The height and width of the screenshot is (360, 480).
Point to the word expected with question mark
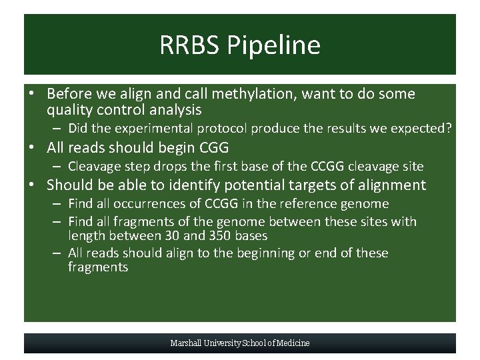coord(417,128)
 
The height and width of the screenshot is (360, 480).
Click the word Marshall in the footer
coord(186,343)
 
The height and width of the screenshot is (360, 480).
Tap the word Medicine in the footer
coord(293,343)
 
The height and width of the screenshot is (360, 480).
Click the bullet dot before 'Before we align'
coord(33,94)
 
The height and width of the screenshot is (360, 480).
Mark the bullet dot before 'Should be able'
coord(33,185)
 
